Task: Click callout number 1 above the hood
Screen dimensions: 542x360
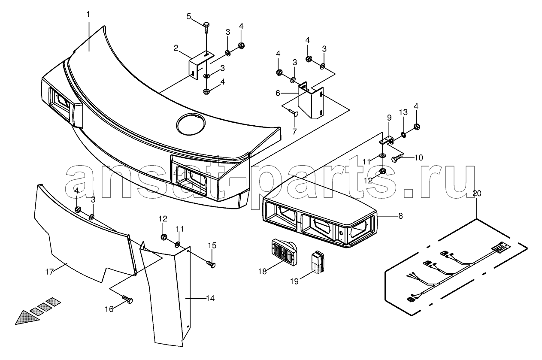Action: click(x=88, y=15)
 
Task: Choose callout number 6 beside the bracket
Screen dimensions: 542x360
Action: click(x=278, y=93)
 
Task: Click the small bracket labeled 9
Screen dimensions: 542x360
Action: click(x=386, y=141)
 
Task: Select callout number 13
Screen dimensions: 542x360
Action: click(x=403, y=112)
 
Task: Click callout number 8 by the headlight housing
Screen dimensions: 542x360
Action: click(x=400, y=216)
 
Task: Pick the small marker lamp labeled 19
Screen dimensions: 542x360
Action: click(x=318, y=262)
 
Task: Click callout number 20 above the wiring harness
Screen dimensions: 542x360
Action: click(x=477, y=194)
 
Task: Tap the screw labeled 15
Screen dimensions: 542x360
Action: click(x=211, y=265)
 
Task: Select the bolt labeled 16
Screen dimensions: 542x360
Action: click(x=127, y=299)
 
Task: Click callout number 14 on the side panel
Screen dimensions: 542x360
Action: click(x=211, y=299)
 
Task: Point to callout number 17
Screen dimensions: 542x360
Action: click(x=49, y=272)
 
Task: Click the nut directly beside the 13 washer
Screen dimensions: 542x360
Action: click(x=417, y=127)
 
